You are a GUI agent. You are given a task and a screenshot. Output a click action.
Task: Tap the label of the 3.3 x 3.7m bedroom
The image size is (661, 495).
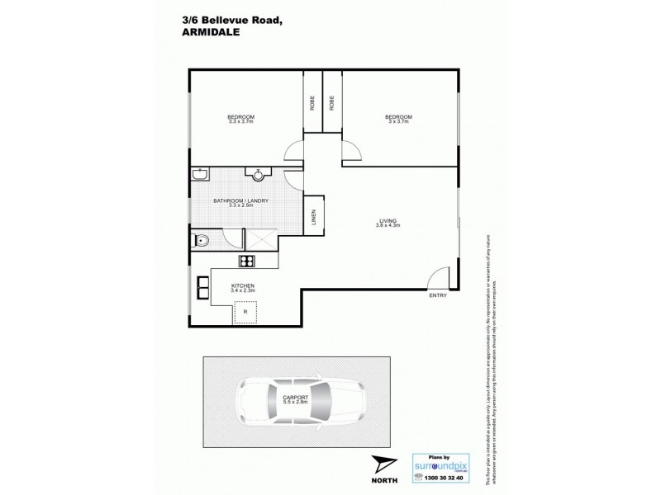click(x=241, y=119)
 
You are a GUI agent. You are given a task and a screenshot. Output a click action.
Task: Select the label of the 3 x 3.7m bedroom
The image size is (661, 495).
click(x=398, y=119)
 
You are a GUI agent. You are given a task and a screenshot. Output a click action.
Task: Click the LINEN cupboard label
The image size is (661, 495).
click(x=314, y=216)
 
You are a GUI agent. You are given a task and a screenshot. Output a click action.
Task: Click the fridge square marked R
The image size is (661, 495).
click(x=245, y=313)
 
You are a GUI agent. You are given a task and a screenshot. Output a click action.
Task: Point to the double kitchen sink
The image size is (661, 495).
click(x=203, y=288)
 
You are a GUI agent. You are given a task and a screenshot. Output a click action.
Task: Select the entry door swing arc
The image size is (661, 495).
click(x=440, y=276)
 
